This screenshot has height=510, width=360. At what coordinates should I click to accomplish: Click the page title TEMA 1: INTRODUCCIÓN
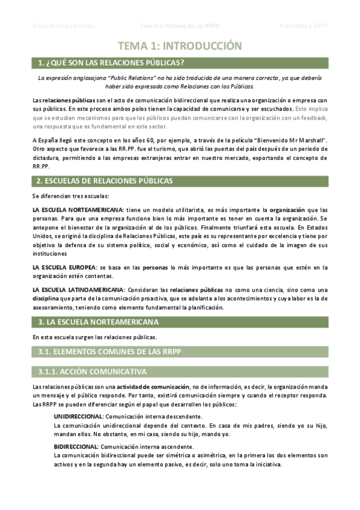180,46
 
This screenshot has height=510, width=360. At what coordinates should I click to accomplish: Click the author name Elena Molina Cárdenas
63,26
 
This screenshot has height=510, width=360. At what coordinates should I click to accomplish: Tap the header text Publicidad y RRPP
304,26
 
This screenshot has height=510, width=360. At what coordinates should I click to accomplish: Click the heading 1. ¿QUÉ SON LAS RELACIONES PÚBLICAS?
111,63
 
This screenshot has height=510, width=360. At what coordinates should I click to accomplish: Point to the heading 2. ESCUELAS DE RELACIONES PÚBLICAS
105,180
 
